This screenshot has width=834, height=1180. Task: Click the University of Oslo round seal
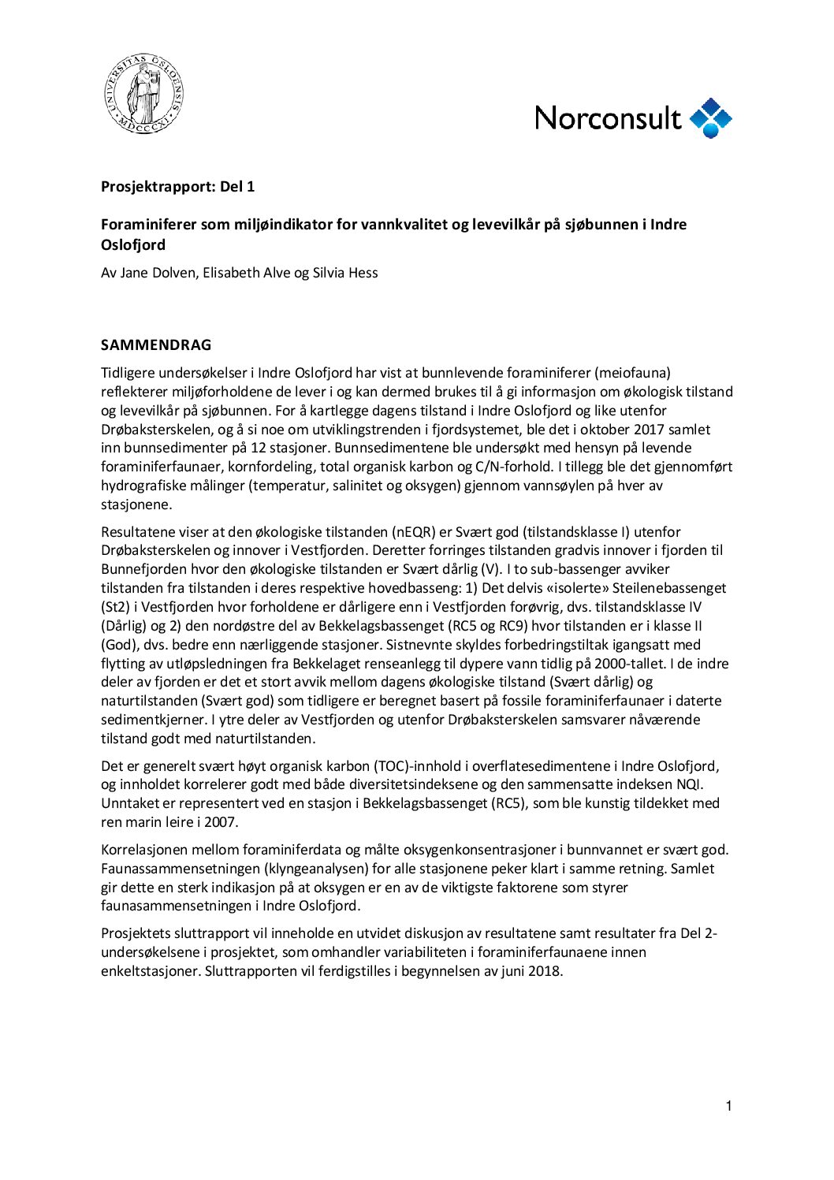click(x=144, y=94)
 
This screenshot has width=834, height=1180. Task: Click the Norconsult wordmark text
click(x=608, y=118)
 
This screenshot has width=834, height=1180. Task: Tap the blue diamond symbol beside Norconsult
click(x=711, y=118)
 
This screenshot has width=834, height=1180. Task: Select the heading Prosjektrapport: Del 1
click(x=177, y=187)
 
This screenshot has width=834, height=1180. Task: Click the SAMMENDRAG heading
click(x=156, y=345)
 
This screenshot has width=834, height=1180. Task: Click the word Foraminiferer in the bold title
click(x=148, y=225)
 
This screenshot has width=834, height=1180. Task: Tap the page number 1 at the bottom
click(x=728, y=1107)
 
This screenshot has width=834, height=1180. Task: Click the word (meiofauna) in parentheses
click(x=632, y=373)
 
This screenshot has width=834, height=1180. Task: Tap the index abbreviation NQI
click(x=689, y=784)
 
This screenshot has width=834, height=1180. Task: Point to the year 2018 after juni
click(x=545, y=971)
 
